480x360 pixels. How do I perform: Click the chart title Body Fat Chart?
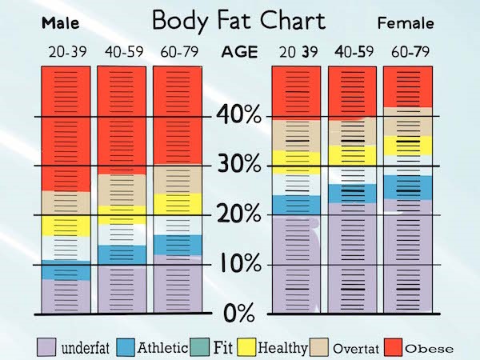(x=239, y=20)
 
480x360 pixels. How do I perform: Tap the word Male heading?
(x=60, y=22)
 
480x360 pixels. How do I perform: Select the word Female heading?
(x=405, y=22)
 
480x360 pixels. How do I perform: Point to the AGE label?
(x=240, y=53)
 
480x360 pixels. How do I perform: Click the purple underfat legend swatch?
(x=48, y=347)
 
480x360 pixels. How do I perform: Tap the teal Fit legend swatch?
(x=199, y=347)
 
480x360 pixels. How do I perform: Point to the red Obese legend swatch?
(x=393, y=347)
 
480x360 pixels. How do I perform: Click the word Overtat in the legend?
(x=353, y=349)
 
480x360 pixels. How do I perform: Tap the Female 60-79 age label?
(x=409, y=54)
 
